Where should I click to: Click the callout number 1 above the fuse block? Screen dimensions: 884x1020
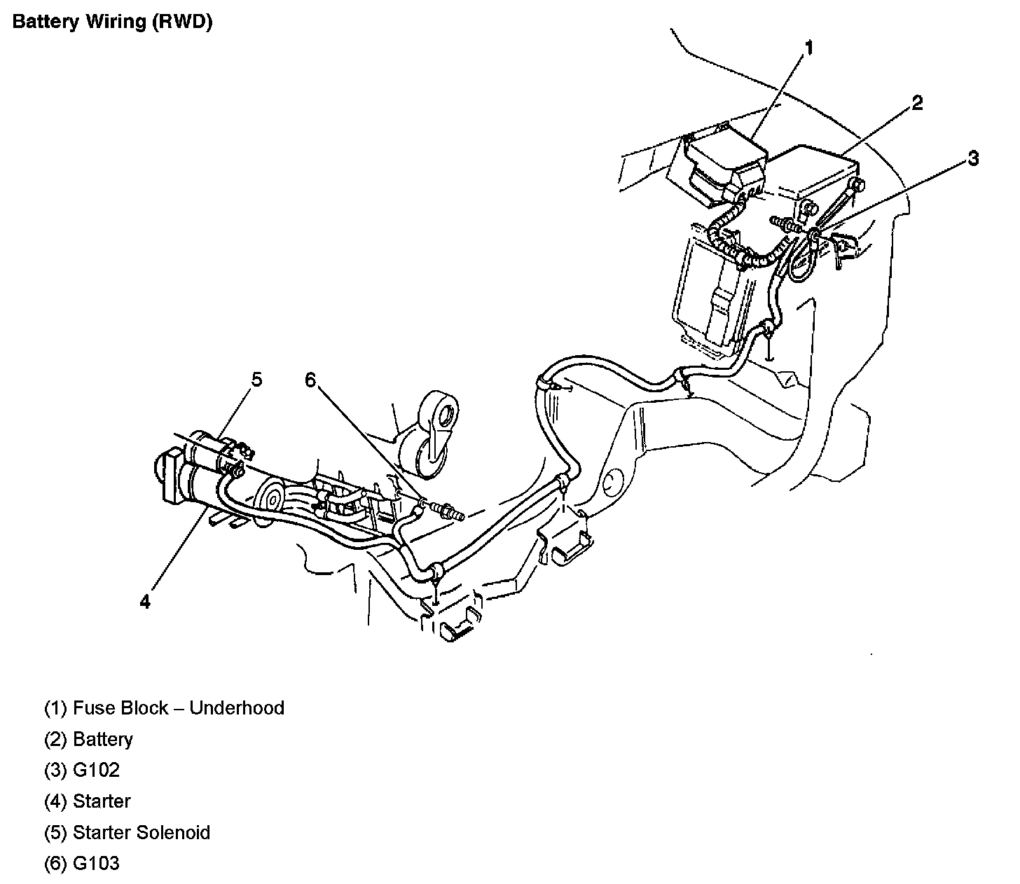[809, 48]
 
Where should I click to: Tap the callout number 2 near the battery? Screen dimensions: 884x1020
[917, 104]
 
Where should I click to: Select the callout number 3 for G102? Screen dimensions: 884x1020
[973, 158]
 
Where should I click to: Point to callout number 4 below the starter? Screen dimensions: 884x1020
[145, 602]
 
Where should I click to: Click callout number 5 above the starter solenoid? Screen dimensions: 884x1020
[256, 380]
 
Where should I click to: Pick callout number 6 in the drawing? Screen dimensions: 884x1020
[310, 380]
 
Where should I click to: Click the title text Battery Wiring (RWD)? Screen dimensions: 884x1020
[112, 22]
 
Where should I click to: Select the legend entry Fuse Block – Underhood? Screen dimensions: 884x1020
[164, 708]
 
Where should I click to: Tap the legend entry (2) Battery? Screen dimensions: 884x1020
[88, 740]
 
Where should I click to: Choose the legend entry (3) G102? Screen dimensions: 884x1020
[82, 771]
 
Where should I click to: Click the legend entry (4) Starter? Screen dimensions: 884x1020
[88, 801]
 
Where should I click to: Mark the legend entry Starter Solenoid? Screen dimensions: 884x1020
[127, 833]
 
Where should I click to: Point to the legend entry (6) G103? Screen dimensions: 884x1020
[82, 864]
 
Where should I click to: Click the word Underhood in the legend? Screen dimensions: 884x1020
[237, 708]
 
